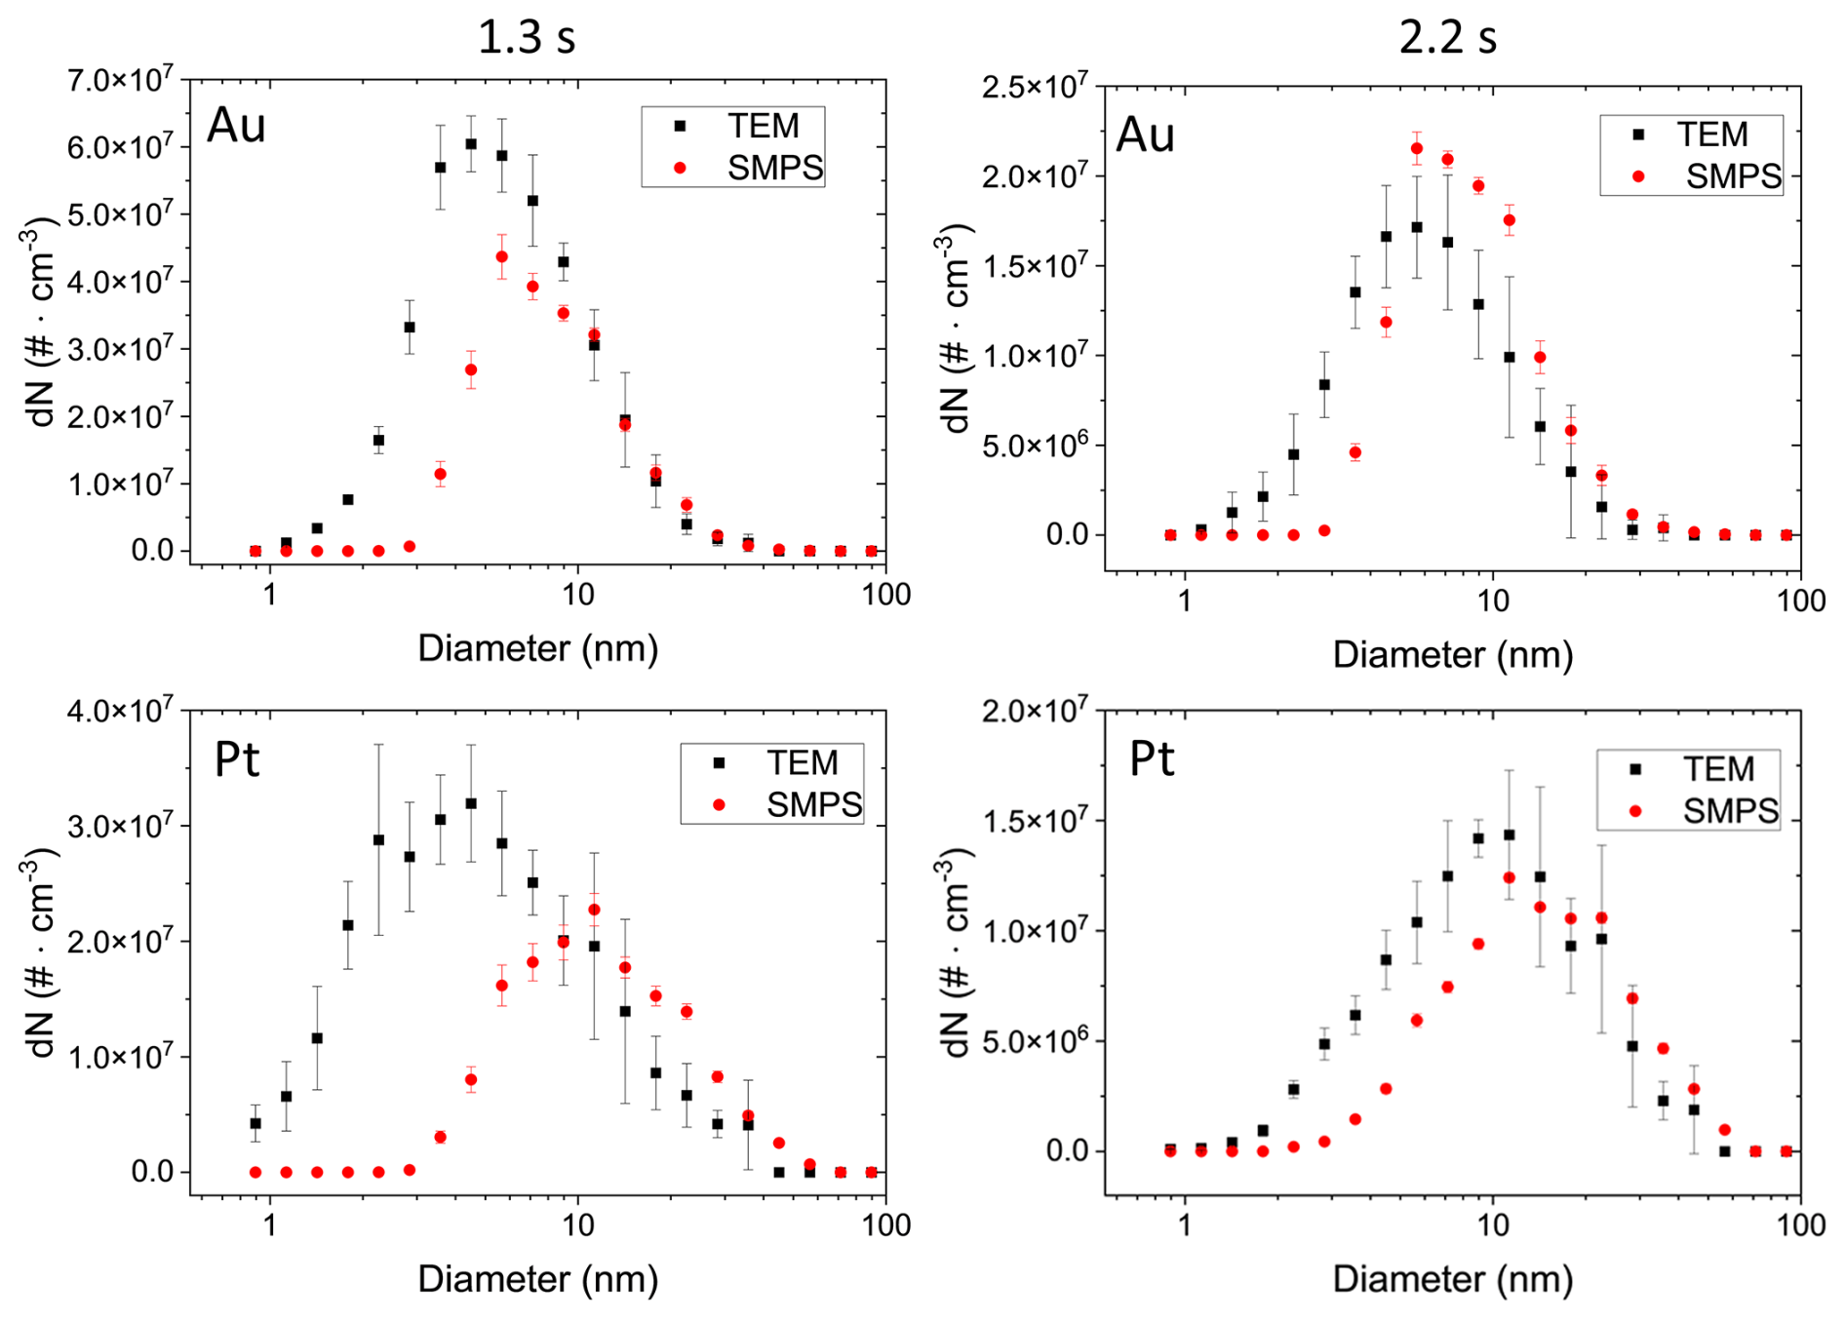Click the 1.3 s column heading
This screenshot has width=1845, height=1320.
527,37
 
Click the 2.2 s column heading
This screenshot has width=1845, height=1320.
1447,37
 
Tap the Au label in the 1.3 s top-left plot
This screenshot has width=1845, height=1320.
236,126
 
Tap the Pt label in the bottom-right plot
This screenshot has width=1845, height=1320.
1152,758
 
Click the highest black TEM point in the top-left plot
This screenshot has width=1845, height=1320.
471,143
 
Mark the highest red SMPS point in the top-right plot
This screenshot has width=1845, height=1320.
1417,148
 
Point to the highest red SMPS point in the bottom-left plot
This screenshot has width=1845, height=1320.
594,910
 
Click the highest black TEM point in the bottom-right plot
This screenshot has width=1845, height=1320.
1510,835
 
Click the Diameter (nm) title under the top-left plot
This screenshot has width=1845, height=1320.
537,648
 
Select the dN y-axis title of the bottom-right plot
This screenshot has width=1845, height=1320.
955,952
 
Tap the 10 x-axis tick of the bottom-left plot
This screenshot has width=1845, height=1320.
578,1224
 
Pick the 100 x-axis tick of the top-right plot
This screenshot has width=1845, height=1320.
1800,600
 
